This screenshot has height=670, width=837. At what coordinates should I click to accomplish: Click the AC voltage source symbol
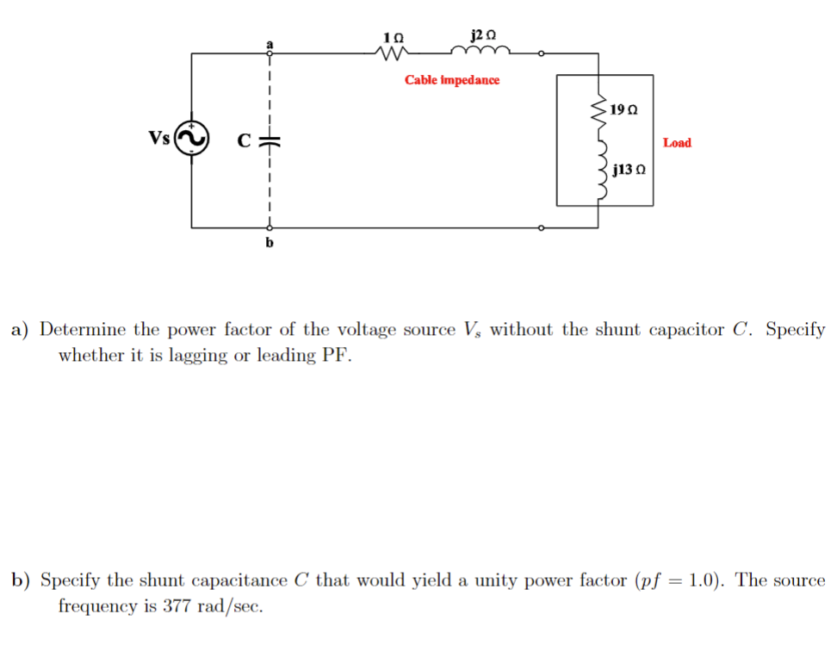pos(192,139)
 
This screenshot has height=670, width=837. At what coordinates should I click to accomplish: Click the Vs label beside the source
pos(159,138)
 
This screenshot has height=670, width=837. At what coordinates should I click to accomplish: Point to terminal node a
pos(270,53)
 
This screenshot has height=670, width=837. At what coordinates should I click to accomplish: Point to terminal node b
pos(270,228)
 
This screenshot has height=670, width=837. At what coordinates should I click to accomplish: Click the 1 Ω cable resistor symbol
pos(393,54)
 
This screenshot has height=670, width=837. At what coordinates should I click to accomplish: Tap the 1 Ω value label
pos(393,38)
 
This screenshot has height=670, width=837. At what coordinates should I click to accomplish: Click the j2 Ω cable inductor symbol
pos(487,53)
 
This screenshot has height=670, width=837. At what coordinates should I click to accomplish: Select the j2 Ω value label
pos(484,35)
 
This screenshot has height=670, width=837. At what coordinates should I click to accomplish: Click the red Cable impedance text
pos(452,80)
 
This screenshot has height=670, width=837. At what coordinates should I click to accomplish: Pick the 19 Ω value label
pos(623,110)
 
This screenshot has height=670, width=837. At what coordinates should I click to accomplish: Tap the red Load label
pos(677,143)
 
